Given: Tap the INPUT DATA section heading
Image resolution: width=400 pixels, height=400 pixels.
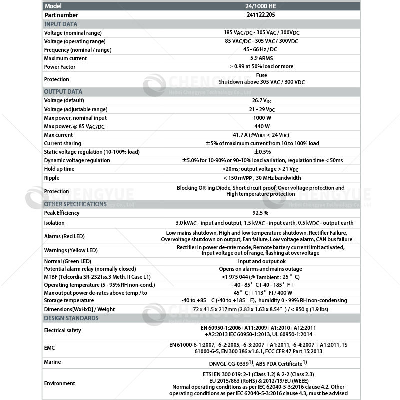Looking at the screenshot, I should pos(61,24).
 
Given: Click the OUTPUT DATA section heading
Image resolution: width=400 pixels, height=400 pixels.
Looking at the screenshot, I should pos(63,92).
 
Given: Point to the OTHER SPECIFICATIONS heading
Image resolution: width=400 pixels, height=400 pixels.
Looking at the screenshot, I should pos(75,204).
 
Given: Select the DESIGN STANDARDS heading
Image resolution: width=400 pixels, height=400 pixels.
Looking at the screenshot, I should pos(71,318).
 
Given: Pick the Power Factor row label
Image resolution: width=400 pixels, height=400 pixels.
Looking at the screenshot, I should pos(59,66).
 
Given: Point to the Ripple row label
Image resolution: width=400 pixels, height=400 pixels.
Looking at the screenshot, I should pos(52,177).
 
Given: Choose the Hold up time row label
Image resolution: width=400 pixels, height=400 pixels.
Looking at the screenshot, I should pos(59,169).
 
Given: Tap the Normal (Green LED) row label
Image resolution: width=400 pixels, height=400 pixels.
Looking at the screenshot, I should pos(67,261).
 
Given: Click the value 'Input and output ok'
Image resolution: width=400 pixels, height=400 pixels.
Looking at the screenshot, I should pos(262,261).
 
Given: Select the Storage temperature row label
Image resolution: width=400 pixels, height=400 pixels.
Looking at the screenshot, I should pos(69,300).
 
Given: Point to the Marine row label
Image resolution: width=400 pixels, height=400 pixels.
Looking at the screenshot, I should pos(53,362).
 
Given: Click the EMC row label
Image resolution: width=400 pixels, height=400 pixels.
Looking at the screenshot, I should pos(50,347).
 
